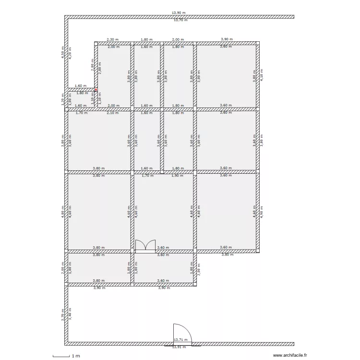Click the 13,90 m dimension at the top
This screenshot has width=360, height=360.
tap(179, 13)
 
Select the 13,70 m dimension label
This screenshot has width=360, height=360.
tap(180, 20)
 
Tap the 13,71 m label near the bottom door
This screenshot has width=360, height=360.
tap(180, 339)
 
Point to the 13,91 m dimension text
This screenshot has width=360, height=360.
tap(179, 347)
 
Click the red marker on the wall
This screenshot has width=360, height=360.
tap(96, 89)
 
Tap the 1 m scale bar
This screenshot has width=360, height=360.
tap(65, 356)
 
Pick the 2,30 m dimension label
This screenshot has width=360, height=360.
tap(112, 40)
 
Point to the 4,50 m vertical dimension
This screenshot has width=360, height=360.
tap(62, 52)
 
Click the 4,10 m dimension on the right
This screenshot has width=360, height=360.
tap(262, 76)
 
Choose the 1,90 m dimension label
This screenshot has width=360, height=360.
tap(177, 176)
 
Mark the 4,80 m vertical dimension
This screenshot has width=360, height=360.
tap(62, 212)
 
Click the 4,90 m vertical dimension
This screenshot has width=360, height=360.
tap(262, 212)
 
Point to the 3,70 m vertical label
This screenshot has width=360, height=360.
tap(62, 314)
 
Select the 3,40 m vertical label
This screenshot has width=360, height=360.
tap(70, 314)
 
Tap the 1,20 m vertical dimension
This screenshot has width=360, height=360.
tap(62, 99)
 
